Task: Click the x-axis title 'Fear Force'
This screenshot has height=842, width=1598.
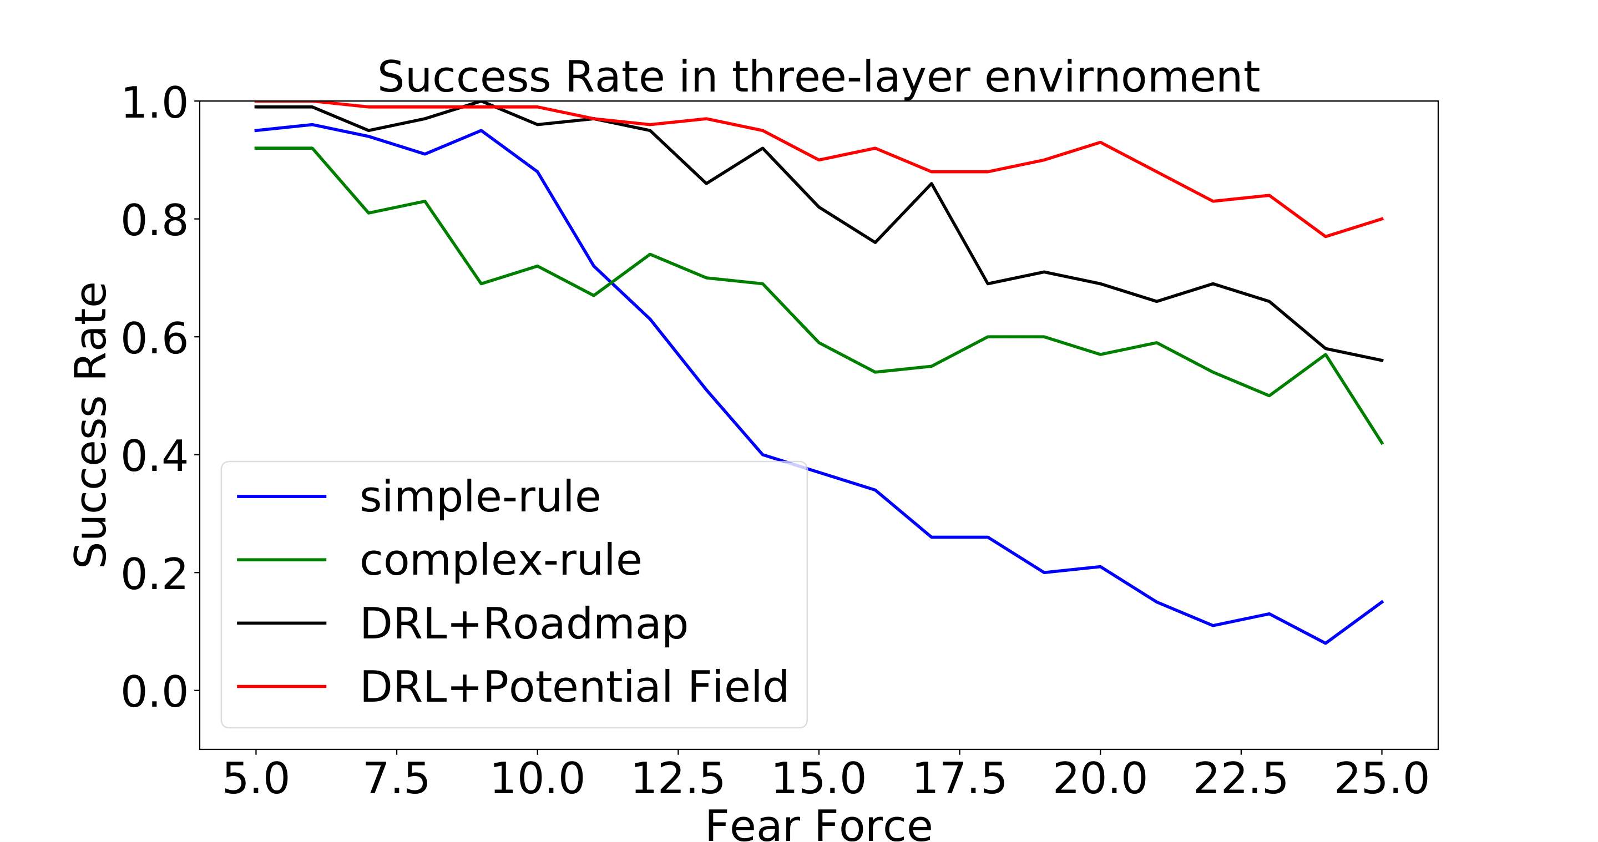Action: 818,825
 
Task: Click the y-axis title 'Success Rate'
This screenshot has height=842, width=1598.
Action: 90,425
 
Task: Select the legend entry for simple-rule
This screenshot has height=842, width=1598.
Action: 479,496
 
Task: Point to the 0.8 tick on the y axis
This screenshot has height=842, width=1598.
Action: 154,220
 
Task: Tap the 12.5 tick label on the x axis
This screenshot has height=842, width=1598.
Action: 677,779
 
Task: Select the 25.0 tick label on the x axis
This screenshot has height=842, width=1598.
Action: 1382,779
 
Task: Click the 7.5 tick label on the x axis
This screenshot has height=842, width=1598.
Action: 396,779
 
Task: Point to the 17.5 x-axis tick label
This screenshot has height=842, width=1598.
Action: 959,779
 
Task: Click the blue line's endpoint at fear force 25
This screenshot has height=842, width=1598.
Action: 1382,601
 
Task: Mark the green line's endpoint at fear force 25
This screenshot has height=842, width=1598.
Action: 1382,443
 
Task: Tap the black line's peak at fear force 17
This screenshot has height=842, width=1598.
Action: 931,184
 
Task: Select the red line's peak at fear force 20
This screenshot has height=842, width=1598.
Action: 1100,143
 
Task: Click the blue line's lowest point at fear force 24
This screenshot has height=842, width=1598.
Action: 1326,643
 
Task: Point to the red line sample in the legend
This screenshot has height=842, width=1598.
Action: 282,686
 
